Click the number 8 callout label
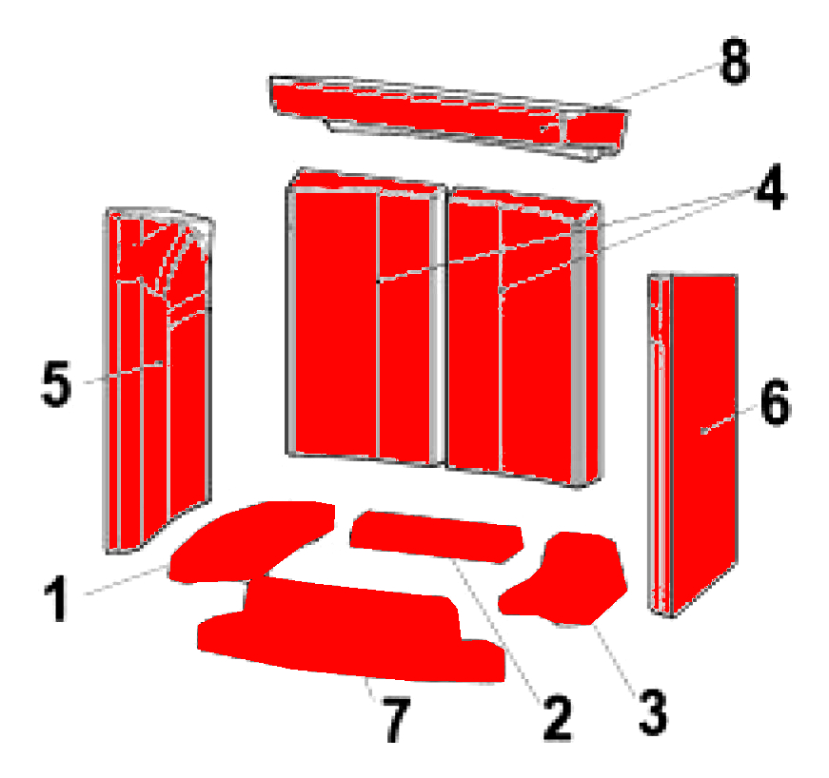[735, 61]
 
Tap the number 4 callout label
[770, 186]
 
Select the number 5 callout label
[55, 383]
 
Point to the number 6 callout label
[775, 402]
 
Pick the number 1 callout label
[56, 598]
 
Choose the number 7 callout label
[396, 719]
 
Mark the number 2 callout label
[557, 718]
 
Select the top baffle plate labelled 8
[449, 117]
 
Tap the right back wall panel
[523, 338]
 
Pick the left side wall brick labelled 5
[158, 380]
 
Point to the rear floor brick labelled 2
[437, 536]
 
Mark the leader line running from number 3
[617, 657]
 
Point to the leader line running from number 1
[126, 580]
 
